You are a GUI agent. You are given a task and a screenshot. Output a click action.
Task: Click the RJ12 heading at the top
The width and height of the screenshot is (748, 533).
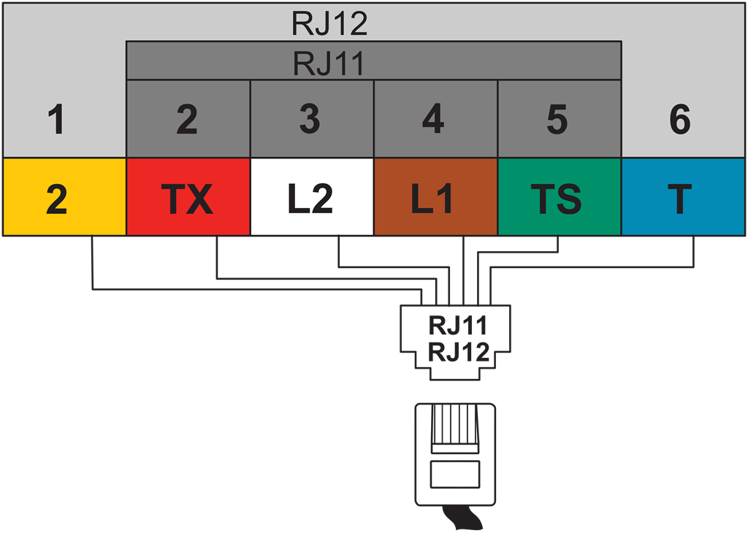coord(329,24)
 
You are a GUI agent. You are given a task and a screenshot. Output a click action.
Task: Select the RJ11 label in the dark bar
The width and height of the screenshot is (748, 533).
coord(329,64)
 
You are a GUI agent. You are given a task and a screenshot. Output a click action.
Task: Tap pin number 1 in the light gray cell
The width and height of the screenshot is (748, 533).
coord(56,120)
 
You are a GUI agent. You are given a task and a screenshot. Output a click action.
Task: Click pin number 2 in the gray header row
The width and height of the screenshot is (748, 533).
coord(187,120)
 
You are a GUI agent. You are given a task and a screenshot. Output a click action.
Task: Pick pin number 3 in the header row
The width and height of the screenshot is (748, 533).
coord(310,120)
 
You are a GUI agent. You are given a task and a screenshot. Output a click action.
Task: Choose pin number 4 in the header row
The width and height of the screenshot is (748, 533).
coord(434,120)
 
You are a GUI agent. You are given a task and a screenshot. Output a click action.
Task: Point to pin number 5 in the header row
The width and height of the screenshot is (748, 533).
coord(557,120)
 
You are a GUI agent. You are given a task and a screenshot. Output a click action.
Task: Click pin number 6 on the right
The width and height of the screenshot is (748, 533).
coord(680,120)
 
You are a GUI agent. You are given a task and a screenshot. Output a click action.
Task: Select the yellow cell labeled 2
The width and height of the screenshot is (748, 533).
coord(64,198)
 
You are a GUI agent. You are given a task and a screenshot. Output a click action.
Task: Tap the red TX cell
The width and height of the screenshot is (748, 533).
coord(188,198)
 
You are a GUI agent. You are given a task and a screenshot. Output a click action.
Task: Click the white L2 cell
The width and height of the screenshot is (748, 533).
coord(312,198)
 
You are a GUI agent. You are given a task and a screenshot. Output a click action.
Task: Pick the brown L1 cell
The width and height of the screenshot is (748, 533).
coord(435,198)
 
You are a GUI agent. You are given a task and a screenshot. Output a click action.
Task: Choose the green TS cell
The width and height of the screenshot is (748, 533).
coord(559,198)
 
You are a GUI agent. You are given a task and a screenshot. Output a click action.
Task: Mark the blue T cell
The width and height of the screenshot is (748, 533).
coord(683,198)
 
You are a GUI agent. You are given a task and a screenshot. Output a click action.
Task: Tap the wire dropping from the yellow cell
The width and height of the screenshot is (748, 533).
coord(92,263)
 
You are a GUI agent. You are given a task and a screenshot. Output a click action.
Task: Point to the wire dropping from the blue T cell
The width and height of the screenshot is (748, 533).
coord(692,252)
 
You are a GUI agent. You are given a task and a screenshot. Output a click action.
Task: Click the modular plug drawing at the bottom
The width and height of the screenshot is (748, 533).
coord(455,453)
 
